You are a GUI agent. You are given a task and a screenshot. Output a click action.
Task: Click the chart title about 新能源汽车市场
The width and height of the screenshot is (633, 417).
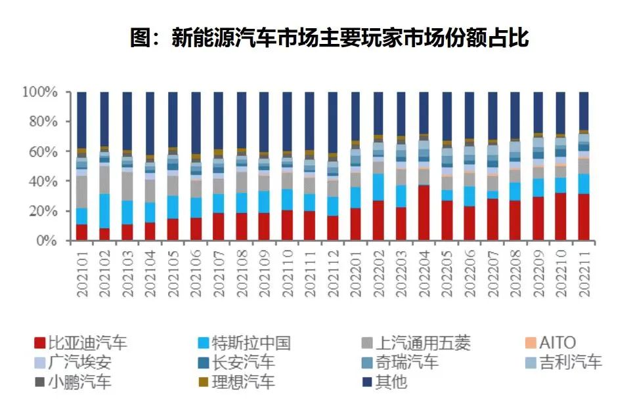coord(329,37)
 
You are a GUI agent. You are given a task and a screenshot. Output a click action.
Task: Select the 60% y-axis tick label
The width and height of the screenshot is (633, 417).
coord(43,151)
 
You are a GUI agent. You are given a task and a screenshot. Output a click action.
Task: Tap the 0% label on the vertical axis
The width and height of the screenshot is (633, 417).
coord(47,241)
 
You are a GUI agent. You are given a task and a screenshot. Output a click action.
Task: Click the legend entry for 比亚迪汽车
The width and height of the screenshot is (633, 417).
coord(80,342)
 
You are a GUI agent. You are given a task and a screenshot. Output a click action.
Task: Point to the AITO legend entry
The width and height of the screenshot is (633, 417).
coord(549,342)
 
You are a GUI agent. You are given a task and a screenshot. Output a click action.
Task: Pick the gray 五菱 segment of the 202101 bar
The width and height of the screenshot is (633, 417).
coord(82,191)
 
